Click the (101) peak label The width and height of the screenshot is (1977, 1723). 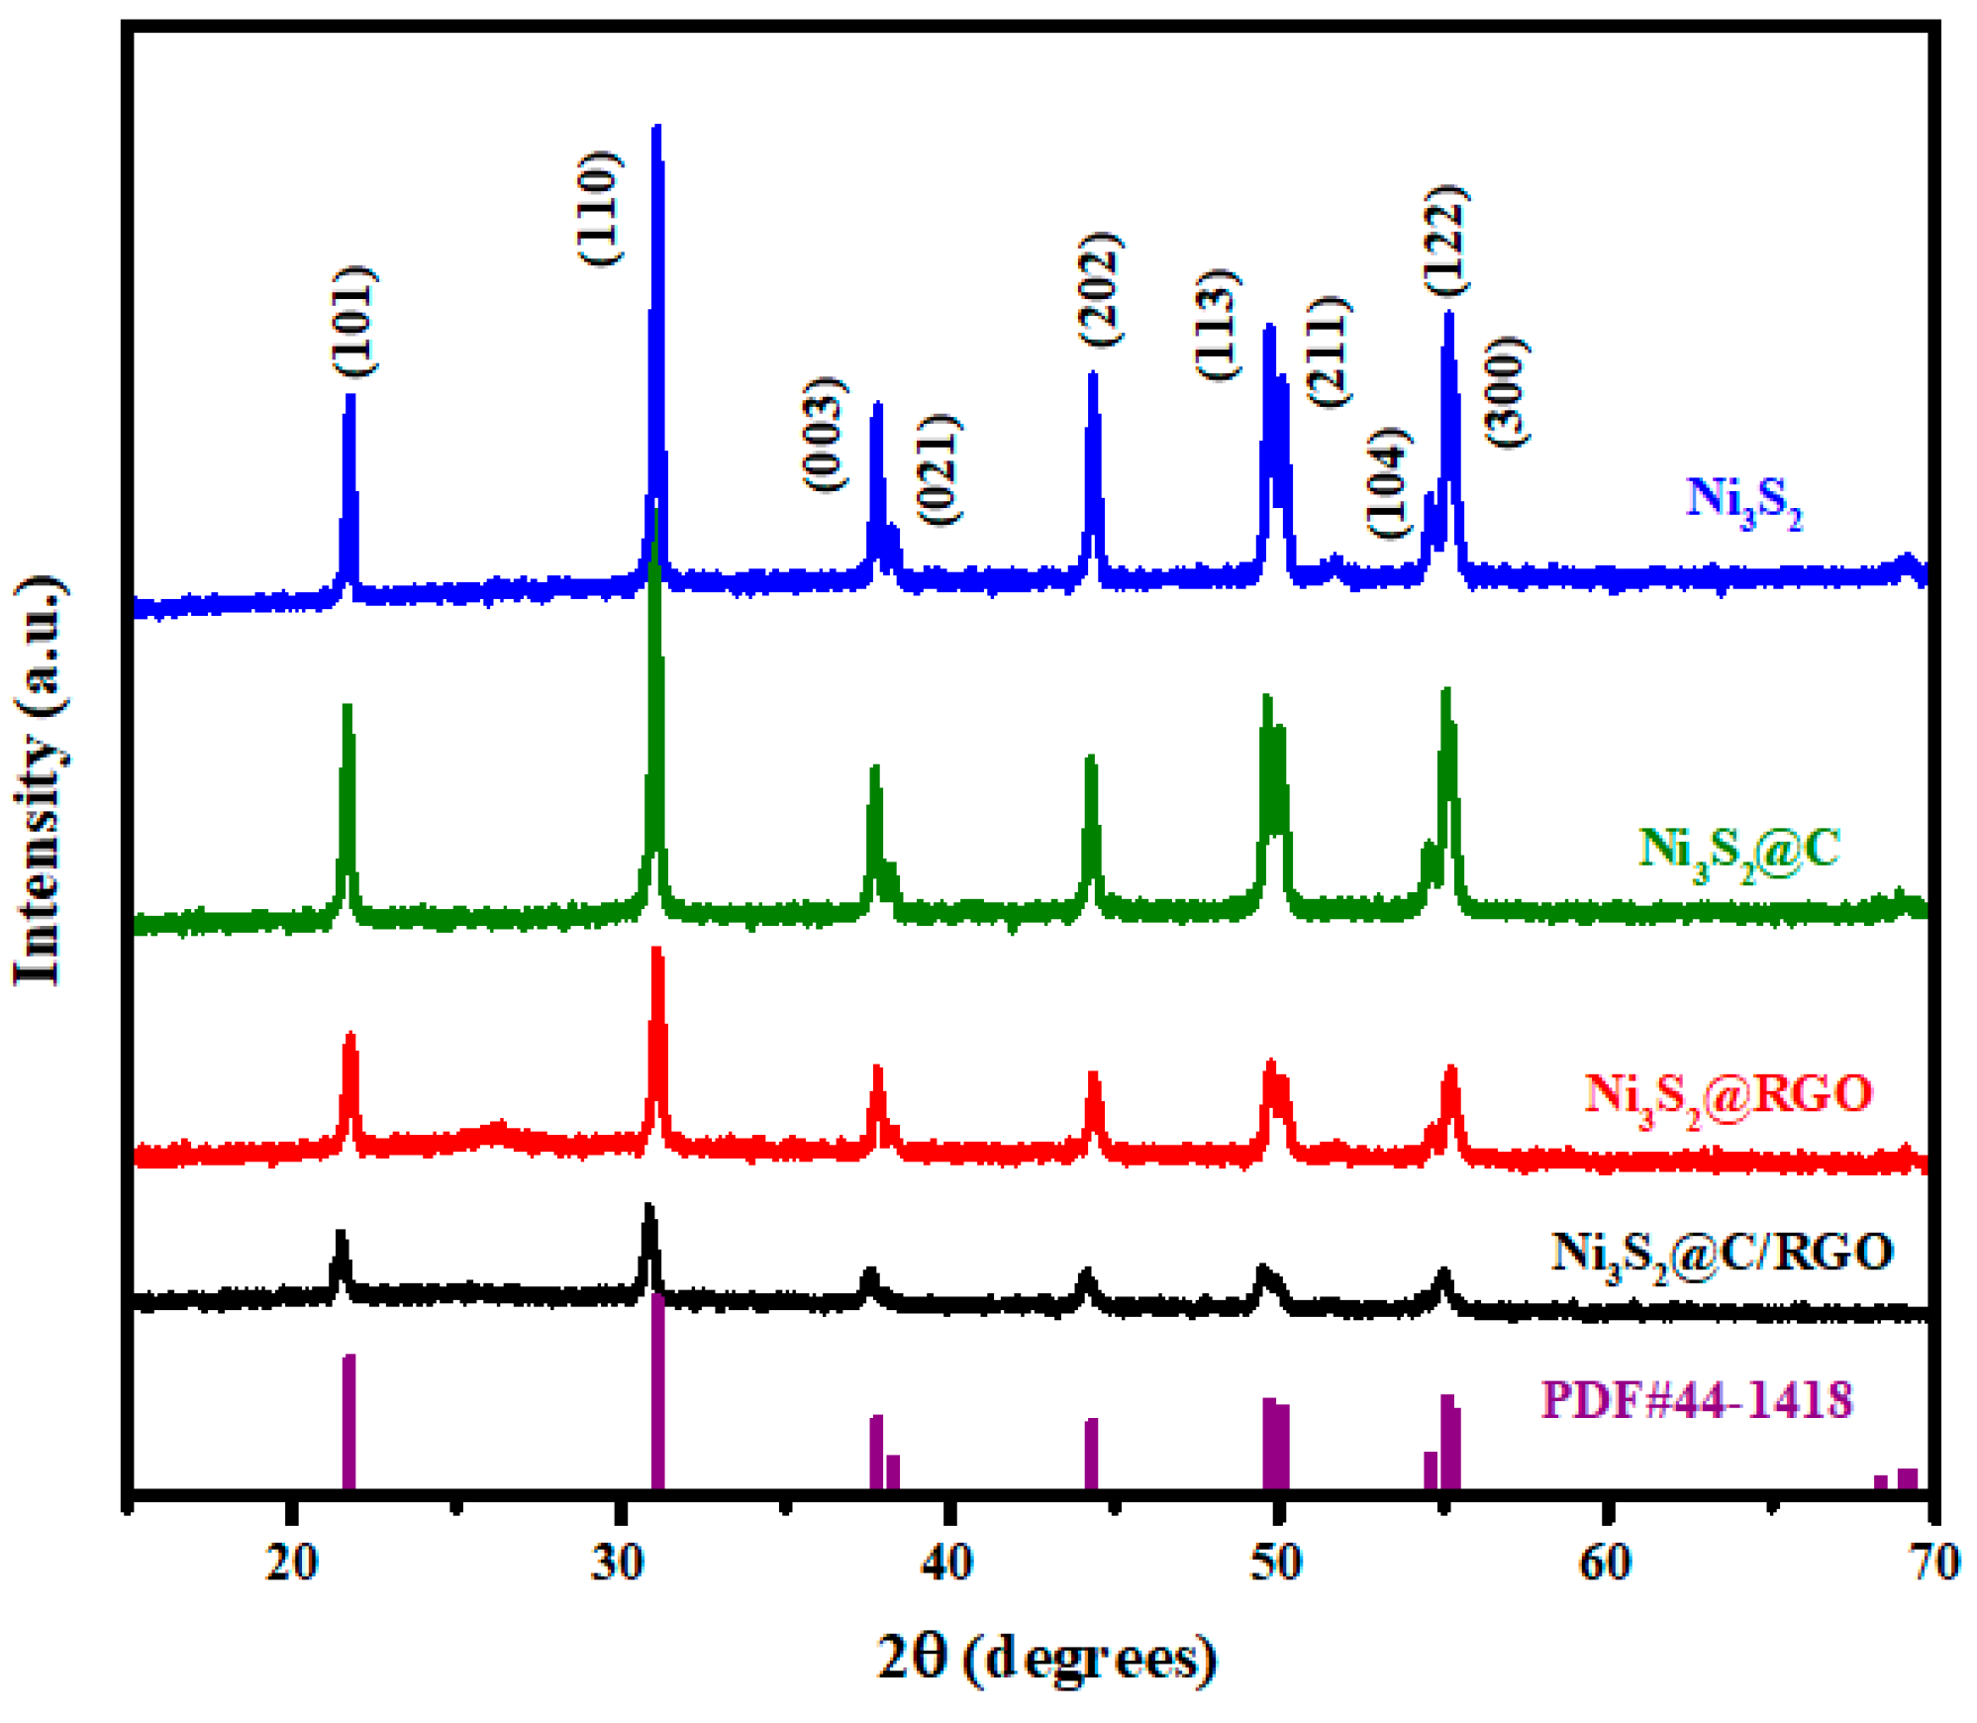pos(354,321)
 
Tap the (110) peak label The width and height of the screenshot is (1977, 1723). pos(599,208)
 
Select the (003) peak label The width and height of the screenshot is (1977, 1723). pos(825,434)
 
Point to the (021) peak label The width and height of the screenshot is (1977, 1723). pos(939,469)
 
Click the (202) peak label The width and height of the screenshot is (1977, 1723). pos(1100,289)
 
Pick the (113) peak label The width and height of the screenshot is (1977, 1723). pos(1218,324)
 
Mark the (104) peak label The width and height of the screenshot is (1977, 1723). pos(1388,483)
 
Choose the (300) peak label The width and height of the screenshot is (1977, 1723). pos(1507,392)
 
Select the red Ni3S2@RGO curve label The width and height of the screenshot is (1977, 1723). pos(1729,1097)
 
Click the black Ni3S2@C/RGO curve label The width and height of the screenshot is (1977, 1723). pos(1722,1256)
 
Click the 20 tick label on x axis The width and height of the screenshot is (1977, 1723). pos(291,1563)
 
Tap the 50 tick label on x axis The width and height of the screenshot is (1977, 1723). pos(1275,1563)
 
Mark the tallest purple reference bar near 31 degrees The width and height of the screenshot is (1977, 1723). pos(657,1391)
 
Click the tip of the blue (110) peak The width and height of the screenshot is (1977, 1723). pos(656,129)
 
